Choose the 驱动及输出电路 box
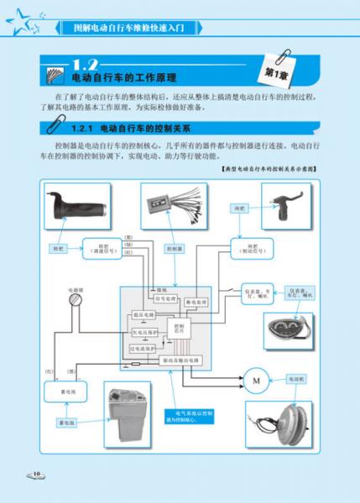[176, 360]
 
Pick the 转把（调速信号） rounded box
[102, 248]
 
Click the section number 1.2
[87, 63]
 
